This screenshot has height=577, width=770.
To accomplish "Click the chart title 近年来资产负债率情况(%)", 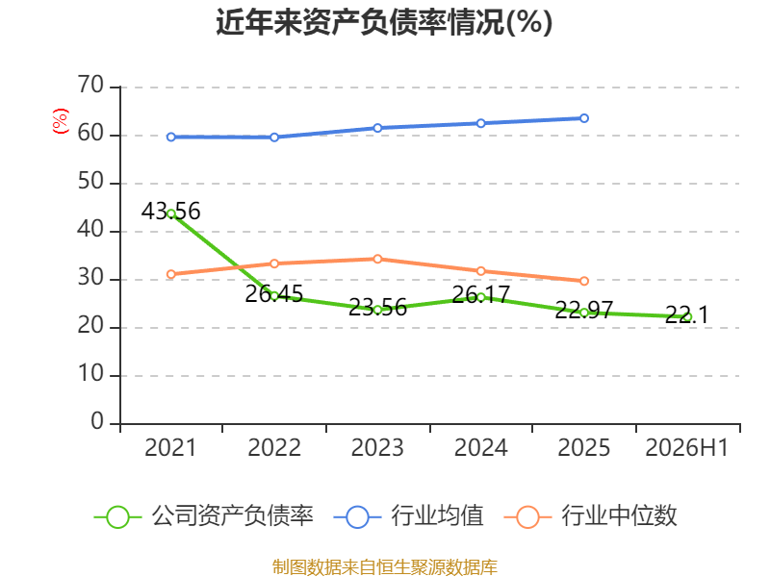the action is point(384,22).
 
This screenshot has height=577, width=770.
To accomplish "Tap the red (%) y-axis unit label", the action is point(61,121).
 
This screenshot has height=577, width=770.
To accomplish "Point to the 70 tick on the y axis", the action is point(90,86).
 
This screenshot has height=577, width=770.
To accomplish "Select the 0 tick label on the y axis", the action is point(97,421).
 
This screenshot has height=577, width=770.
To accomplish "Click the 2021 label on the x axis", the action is point(170,447).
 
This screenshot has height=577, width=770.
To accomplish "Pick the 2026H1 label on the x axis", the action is point(686,447).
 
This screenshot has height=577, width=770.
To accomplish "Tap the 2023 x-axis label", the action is point(377,447).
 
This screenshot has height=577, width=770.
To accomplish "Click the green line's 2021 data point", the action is point(171,213).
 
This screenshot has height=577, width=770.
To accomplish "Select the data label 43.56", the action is point(171,211).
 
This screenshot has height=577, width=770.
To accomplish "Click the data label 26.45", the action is point(274,294).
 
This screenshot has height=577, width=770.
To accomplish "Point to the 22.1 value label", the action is point(687,314).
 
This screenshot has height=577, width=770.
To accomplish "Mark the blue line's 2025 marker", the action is point(584,118).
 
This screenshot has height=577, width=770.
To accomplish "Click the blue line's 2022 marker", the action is point(274,138).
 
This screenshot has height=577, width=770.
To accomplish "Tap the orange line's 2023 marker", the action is point(377,259).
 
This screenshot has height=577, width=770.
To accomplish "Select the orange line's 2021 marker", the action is point(171,274).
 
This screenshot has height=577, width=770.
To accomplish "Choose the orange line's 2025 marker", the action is point(584,281).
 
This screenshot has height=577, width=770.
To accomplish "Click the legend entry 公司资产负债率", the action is point(203,516).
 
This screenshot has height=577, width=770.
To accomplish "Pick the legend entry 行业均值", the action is point(408,516).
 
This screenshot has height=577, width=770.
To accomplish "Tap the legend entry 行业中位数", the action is point(590,516).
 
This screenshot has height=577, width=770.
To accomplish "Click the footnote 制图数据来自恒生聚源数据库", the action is point(384,567).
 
